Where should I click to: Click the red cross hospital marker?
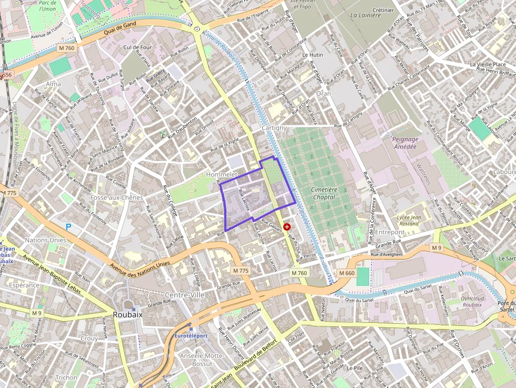(x=287, y=226)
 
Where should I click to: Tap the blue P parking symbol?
(x=68, y=227)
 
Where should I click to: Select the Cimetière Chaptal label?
(x=324, y=193)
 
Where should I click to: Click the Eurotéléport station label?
(x=191, y=335)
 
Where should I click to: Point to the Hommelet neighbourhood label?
(x=223, y=174)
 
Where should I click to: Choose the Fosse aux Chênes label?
(x=116, y=197)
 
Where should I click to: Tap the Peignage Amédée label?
(x=405, y=143)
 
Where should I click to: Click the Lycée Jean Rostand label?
(x=408, y=220)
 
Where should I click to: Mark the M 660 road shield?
(x=346, y=273)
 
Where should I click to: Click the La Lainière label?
(x=365, y=15)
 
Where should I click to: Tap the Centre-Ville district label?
(x=185, y=295)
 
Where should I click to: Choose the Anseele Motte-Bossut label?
(x=202, y=360)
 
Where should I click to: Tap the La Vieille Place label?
(x=488, y=64)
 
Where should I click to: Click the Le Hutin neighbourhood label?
(x=312, y=55)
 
